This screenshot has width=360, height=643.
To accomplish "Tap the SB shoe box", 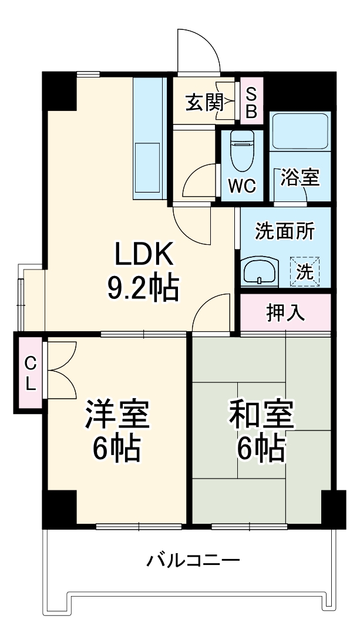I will pos(251,103).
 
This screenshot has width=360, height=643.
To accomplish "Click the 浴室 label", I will pos(300,177).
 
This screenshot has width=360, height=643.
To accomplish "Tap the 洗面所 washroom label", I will pos(284,231).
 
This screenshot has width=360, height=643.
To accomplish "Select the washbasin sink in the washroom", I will pos(260,272).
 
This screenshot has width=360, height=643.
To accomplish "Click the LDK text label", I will pos(144,254).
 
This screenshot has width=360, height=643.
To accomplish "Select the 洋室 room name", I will pos(117,414).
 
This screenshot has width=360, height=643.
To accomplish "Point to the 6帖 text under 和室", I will pos(261,449).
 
